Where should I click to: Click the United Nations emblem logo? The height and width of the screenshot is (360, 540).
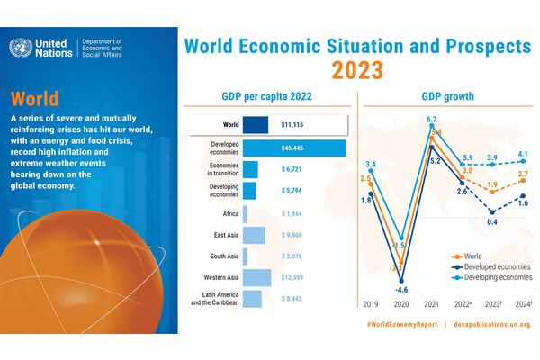click(x=22, y=49)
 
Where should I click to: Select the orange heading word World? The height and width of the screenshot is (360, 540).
click(x=37, y=99)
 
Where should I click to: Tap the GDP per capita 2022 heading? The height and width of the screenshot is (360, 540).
click(x=265, y=96)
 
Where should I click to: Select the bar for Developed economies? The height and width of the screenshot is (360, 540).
click(x=293, y=147)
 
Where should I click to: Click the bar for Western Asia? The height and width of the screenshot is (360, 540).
click(x=256, y=277)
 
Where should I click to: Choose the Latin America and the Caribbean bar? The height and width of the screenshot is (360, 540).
click(x=252, y=299)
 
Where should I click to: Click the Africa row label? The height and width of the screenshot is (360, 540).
click(x=229, y=212)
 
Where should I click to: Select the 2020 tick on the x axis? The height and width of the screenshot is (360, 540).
click(x=403, y=304)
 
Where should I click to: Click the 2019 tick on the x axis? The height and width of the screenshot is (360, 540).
click(x=368, y=304)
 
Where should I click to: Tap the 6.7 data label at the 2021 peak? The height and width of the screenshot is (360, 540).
click(x=431, y=119)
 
